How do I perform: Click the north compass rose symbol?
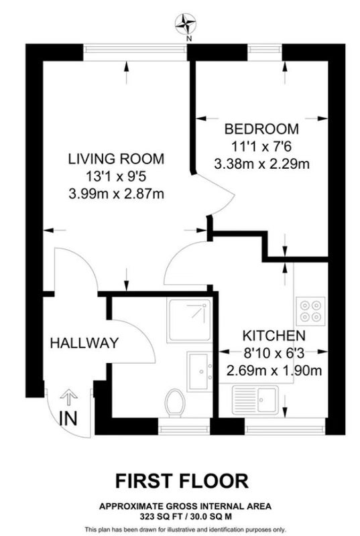point(186,24)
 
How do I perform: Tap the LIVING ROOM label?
point(116,159)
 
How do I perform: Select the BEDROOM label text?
point(261,129)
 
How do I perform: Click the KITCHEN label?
point(274,336)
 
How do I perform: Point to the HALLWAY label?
point(84,343)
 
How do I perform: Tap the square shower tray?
point(190,320)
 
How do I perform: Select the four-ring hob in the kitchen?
point(310,311)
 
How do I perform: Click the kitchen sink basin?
point(267,400)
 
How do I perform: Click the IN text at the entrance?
point(68,418)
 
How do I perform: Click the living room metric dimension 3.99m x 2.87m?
point(116,194)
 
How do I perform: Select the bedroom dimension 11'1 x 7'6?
point(261,147)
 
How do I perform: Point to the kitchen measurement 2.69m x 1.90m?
point(274,371)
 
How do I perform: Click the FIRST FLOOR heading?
point(182,480)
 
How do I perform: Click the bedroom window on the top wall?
point(265,49)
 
